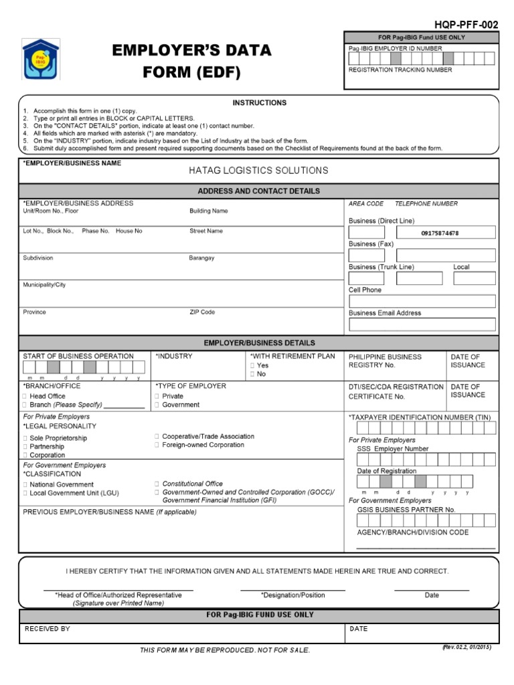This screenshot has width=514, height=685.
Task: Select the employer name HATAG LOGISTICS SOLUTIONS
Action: click(x=258, y=171)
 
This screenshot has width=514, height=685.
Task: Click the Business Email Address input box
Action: click(x=422, y=324)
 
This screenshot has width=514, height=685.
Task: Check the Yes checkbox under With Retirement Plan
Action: click(x=252, y=366)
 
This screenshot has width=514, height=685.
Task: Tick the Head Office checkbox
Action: click(x=25, y=396)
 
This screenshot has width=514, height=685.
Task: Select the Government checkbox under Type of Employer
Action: click(x=157, y=405)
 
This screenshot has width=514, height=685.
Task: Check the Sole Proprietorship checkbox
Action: click(x=25, y=438)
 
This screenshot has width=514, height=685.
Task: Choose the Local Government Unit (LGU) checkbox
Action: click(x=25, y=493)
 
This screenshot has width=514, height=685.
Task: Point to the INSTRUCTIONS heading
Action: click(x=259, y=103)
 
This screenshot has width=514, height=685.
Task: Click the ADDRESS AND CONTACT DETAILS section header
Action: click(x=258, y=191)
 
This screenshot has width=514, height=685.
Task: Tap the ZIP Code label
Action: click(x=202, y=312)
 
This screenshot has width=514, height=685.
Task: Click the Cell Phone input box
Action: click(x=422, y=302)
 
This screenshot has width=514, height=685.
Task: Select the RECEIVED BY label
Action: click(x=47, y=629)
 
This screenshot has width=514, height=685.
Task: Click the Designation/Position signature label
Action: click(x=292, y=595)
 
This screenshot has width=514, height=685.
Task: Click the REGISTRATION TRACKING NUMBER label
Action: click(x=400, y=70)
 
